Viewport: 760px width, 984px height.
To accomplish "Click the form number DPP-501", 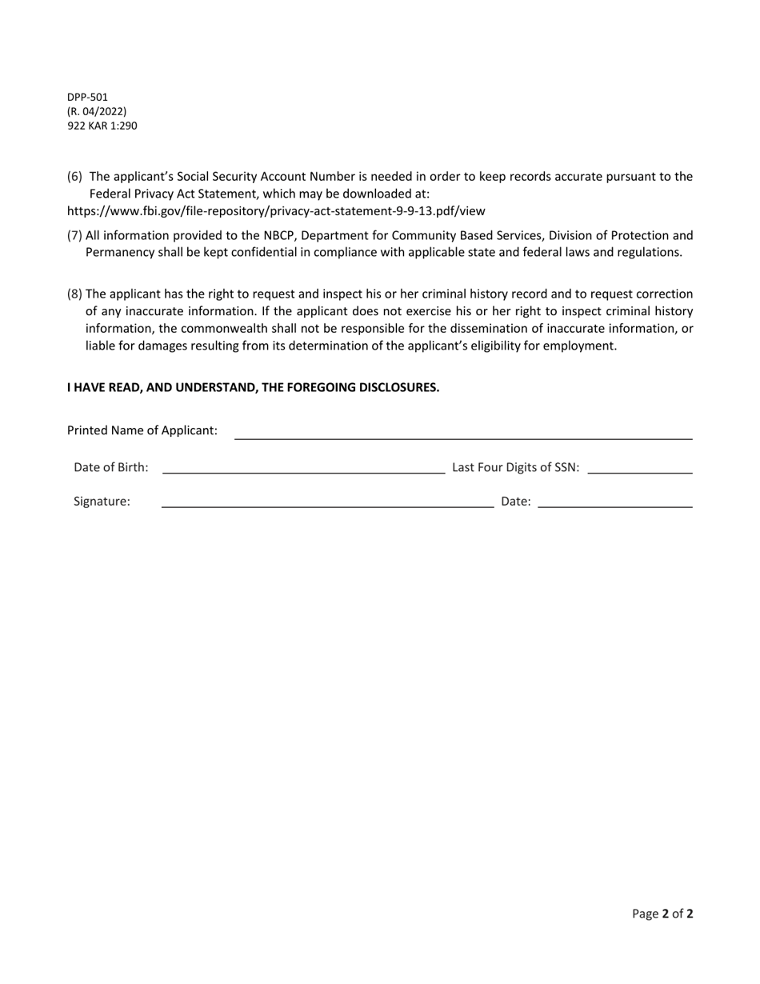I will click(87, 97).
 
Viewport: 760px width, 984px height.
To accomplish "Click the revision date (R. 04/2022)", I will click(96, 111).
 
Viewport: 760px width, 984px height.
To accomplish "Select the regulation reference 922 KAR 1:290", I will click(102, 126).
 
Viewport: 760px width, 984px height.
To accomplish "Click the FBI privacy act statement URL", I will click(276, 211).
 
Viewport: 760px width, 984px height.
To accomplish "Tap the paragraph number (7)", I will click(74, 235).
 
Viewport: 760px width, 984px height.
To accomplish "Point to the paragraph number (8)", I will click(74, 294).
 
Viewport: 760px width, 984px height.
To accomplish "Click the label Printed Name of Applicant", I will click(142, 430).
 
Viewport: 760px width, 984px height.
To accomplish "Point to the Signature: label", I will click(102, 502).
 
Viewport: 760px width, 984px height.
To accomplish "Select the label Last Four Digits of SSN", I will click(515, 468).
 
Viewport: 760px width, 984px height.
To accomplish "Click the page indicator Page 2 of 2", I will click(662, 914).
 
